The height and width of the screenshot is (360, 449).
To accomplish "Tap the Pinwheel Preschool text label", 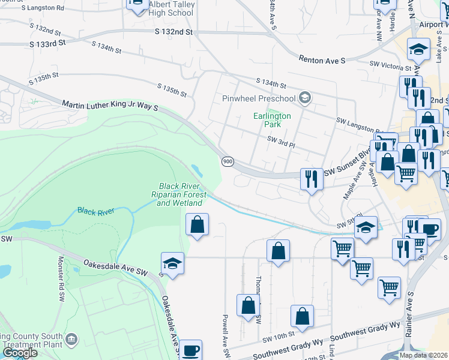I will pos(259,98).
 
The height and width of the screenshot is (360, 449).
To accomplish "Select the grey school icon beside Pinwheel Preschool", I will pos(305,98).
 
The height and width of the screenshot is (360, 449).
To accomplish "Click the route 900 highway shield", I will pos(228,162).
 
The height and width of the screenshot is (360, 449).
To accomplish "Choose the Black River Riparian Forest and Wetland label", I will pos(181,194).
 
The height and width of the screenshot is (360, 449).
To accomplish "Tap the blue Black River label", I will pos(95,211).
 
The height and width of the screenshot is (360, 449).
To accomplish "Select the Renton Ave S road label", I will pos(322,59).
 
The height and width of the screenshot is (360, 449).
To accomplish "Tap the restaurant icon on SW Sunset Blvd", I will pos(312,179).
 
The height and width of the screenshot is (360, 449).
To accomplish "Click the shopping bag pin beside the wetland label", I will pos(197,225).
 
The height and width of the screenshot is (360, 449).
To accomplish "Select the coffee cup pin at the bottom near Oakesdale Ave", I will pos(191,350).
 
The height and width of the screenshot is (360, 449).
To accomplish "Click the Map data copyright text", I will pos(423,355).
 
